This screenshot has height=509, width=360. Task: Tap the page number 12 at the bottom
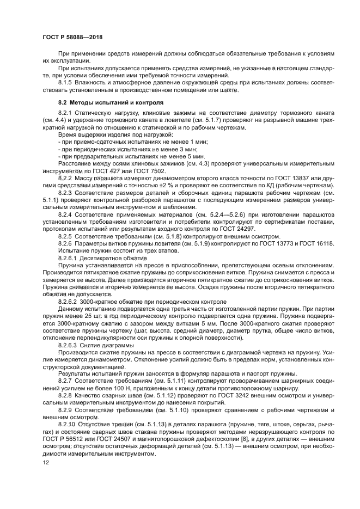46,462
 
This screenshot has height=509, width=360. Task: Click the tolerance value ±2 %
160,186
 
